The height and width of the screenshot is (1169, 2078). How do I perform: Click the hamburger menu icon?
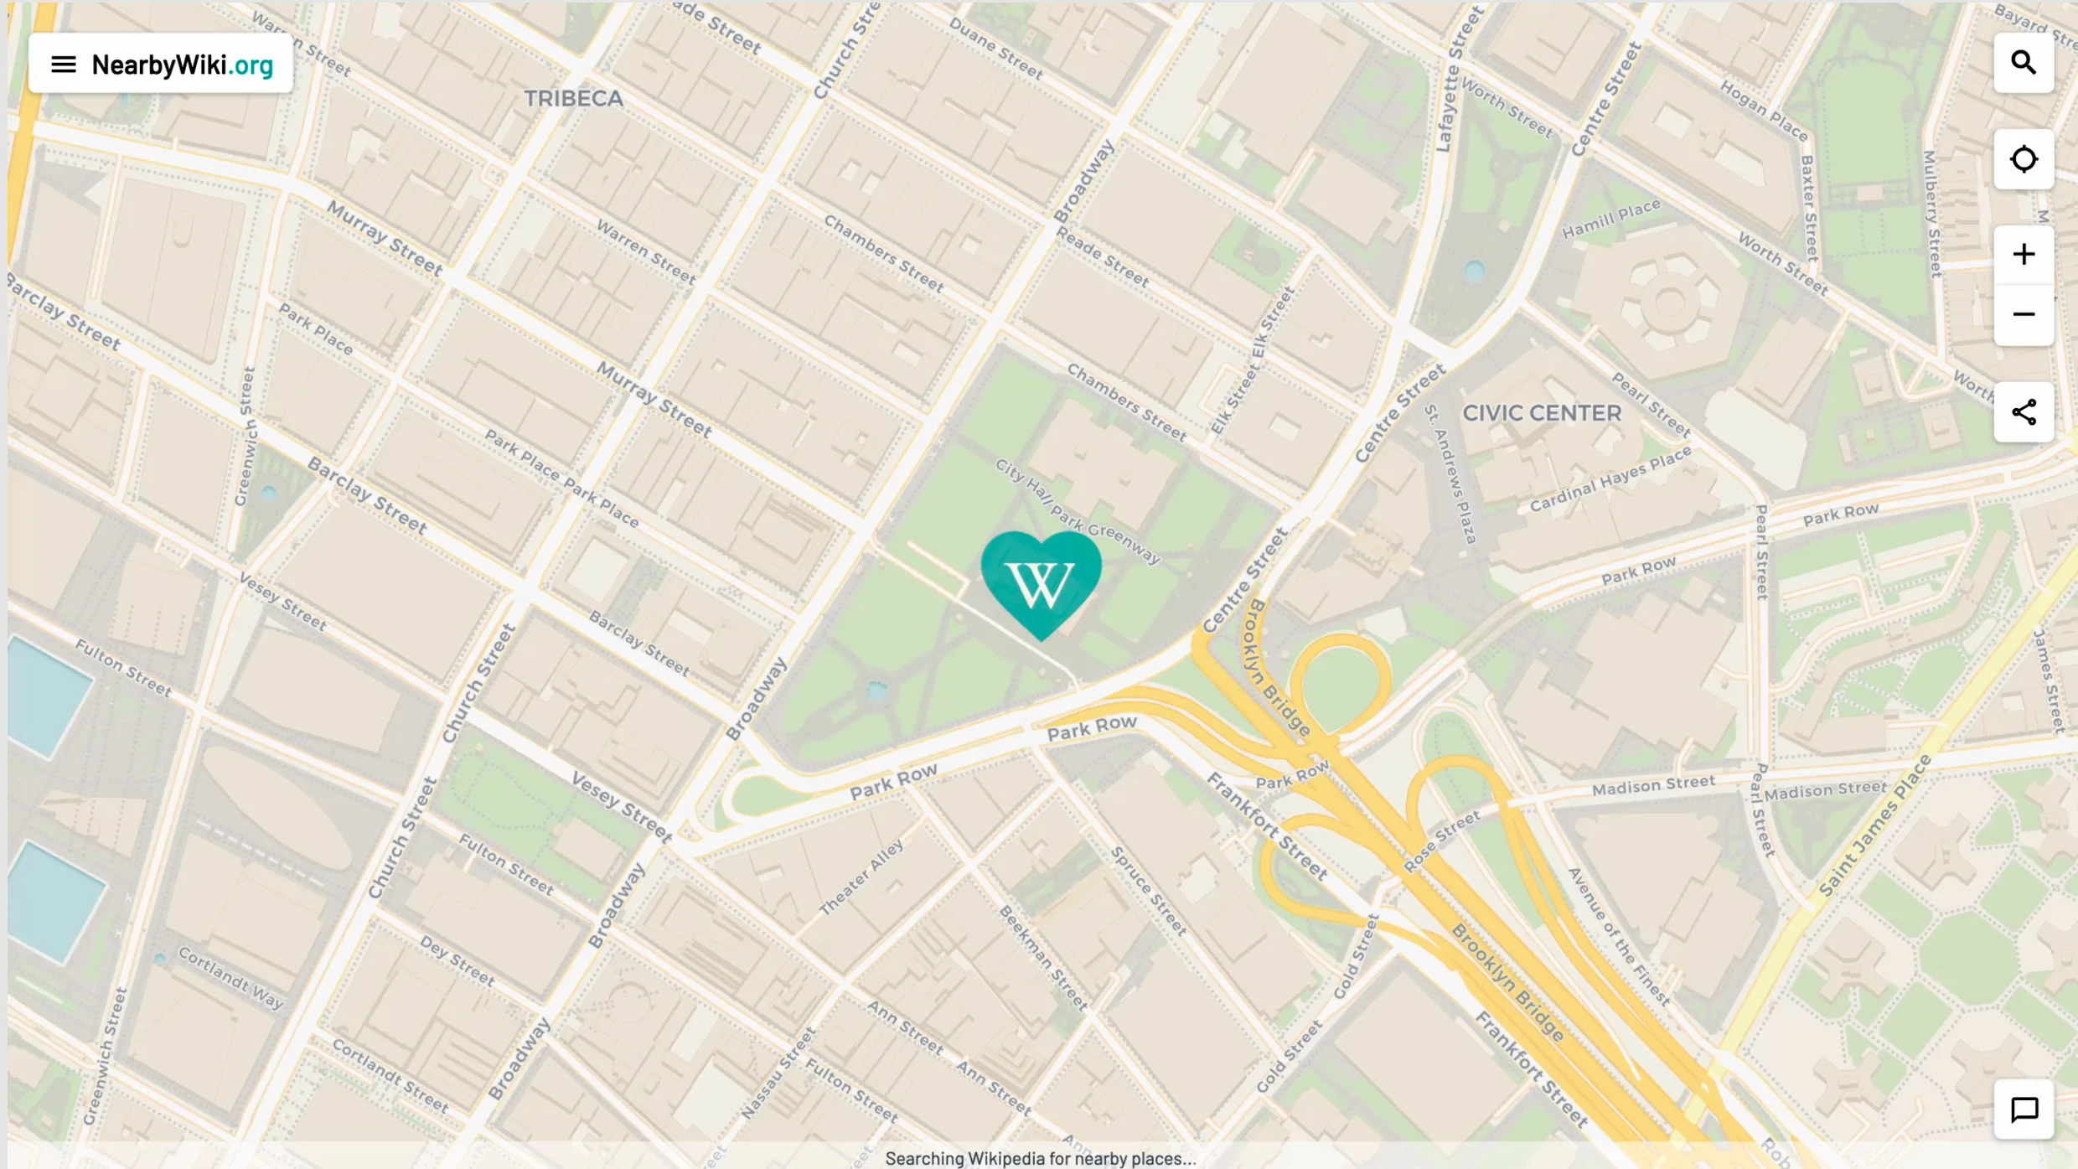[x=63, y=65]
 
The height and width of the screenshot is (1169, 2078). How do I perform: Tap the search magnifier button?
[x=2023, y=63]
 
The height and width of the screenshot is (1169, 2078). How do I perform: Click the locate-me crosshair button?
[x=2023, y=159]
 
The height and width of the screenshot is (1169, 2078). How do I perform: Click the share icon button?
[x=2023, y=412]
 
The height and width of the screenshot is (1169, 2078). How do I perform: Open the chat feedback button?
[x=2023, y=1110]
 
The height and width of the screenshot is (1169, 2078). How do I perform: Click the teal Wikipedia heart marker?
[x=1041, y=582]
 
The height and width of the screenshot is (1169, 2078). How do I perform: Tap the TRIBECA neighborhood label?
[x=573, y=99]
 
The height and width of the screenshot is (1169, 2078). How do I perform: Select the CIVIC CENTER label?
[x=1542, y=413]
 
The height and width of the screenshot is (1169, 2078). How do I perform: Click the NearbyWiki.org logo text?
[x=182, y=65]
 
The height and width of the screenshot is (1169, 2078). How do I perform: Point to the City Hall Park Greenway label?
[x=1078, y=511]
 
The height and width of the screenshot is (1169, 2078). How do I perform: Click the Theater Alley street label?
[x=861, y=877]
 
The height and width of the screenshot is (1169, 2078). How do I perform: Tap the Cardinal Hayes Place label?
[x=1610, y=479]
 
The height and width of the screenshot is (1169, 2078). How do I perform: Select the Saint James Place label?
[x=1874, y=825]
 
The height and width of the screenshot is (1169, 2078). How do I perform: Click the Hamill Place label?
[x=1610, y=218]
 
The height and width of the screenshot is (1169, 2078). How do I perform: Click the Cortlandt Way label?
[x=230, y=978]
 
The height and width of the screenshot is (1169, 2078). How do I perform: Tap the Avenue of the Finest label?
[x=1619, y=936]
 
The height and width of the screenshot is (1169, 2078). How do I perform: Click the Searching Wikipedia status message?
[x=1040, y=1158]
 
